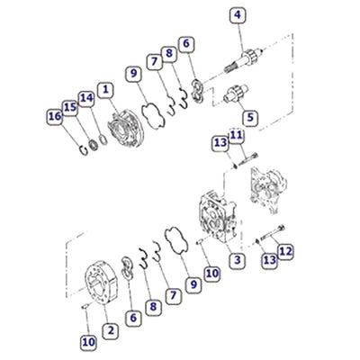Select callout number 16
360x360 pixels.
54,115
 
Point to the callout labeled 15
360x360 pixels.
69,107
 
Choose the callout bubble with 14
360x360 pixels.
85,97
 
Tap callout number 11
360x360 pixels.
236,135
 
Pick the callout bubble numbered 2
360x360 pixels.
109,332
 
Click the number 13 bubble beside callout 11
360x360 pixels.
219,143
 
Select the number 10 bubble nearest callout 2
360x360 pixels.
87,341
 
